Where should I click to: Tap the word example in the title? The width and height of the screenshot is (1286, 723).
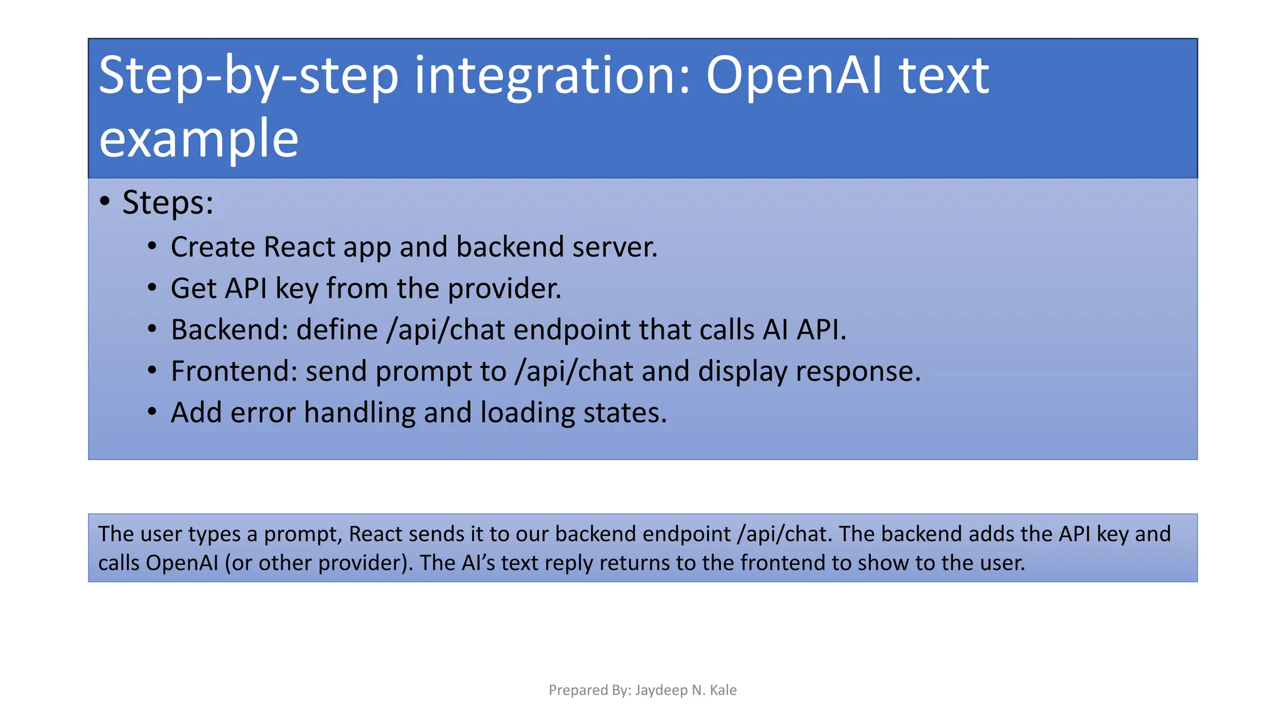pyautogui.click(x=198, y=139)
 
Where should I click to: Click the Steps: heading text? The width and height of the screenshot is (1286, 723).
pyautogui.click(x=168, y=203)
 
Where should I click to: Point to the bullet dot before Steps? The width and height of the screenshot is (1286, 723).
pyautogui.click(x=105, y=201)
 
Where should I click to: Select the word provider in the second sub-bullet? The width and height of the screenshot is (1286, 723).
pyautogui.click(x=504, y=289)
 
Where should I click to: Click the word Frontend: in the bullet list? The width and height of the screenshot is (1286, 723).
pyautogui.click(x=234, y=371)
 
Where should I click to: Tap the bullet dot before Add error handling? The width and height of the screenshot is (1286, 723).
pyautogui.click(x=152, y=412)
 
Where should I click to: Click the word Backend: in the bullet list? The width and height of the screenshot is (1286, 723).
pyautogui.click(x=229, y=330)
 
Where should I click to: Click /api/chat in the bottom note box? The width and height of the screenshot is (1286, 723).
pyautogui.click(x=785, y=534)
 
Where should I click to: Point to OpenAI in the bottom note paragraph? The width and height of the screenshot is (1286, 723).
pyautogui.click(x=181, y=563)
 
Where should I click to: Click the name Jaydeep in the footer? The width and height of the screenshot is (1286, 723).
pyautogui.click(x=661, y=690)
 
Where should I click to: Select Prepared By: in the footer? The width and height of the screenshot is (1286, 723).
pyautogui.click(x=589, y=690)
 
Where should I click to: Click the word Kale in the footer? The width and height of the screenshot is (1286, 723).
pyautogui.click(x=723, y=690)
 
